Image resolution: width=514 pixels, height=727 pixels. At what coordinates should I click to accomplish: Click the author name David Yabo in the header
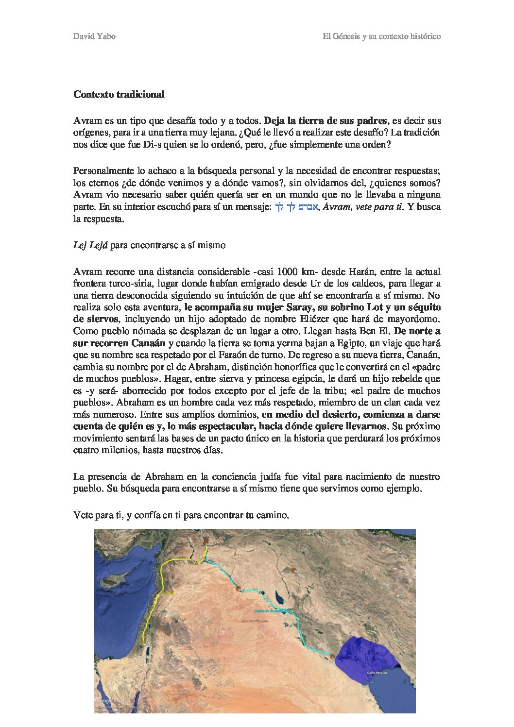94,36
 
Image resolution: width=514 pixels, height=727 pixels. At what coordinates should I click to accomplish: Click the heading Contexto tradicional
119,94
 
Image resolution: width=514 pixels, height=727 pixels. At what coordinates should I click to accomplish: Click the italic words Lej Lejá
90,245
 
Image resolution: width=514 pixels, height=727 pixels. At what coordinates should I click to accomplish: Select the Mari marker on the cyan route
239,589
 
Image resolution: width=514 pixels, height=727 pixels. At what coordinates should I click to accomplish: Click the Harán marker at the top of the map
206,542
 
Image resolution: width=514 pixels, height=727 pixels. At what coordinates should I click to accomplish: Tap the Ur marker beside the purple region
332,657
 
